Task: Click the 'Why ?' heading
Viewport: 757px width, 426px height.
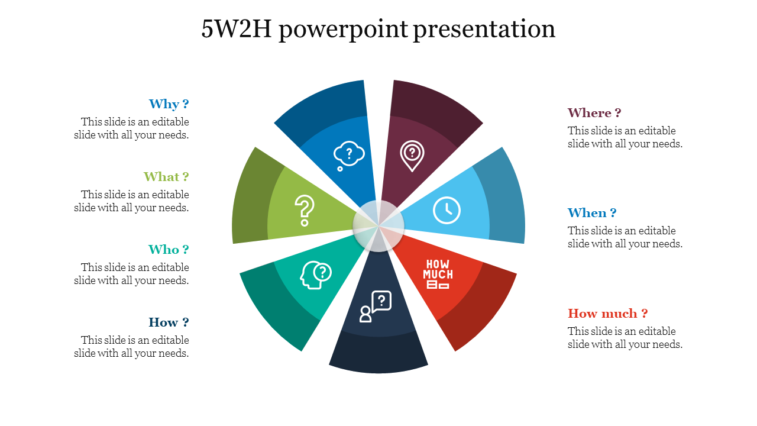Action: (x=169, y=104)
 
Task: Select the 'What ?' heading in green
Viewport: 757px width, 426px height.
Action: (x=166, y=176)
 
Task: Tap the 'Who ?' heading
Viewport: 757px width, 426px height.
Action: (x=169, y=250)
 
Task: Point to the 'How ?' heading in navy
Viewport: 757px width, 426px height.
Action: (x=169, y=322)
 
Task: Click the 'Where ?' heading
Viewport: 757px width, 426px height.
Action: (x=594, y=113)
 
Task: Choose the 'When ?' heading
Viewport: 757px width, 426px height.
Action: (x=592, y=213)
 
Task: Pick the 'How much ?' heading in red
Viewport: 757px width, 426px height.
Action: (x=607, y=314)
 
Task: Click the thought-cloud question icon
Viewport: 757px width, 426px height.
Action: (x=349, y=156)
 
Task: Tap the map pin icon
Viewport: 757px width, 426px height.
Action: (x=412, y=156)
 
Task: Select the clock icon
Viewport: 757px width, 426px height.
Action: (x=447, y=210)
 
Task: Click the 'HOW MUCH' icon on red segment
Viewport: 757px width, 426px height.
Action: (x=438, y=274)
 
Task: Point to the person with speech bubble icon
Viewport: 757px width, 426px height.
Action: (x=376, y=306)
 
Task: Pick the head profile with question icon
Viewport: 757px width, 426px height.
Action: (x=315, y=275)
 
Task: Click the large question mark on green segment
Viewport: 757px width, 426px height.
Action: (x=305, y=210)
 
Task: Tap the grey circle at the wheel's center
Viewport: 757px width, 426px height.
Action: (x=378, y=226)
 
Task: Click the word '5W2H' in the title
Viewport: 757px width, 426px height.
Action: (x=236, y=29)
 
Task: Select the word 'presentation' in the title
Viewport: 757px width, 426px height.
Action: (x=484, y=30)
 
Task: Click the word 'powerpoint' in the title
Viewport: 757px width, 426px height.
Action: (x=344, y=30)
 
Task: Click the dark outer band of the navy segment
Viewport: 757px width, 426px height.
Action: (x=378, y=353)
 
